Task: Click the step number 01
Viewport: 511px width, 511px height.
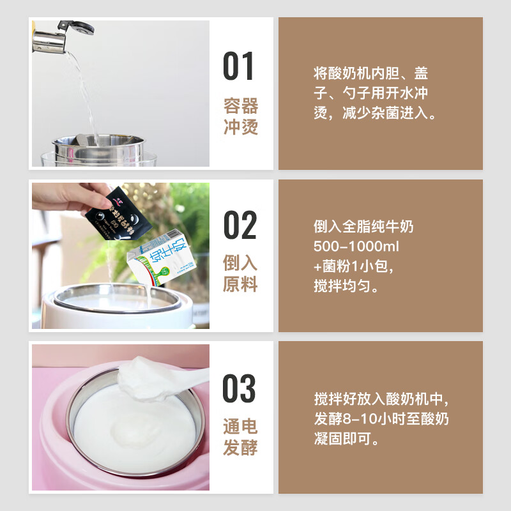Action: coord(240,66)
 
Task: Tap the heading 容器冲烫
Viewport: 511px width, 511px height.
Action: coord(241,116)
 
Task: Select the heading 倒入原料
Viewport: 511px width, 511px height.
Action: coord(241,273)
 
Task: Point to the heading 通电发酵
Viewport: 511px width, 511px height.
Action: coord(241,436)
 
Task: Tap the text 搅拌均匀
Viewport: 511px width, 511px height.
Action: coord(346,286)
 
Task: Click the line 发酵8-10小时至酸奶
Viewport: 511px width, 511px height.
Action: coord(381,420)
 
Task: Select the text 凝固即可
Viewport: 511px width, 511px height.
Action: coord(346,439)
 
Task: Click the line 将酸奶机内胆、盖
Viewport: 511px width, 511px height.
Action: coord(370,72)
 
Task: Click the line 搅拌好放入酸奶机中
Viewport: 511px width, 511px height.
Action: coord(382,399)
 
